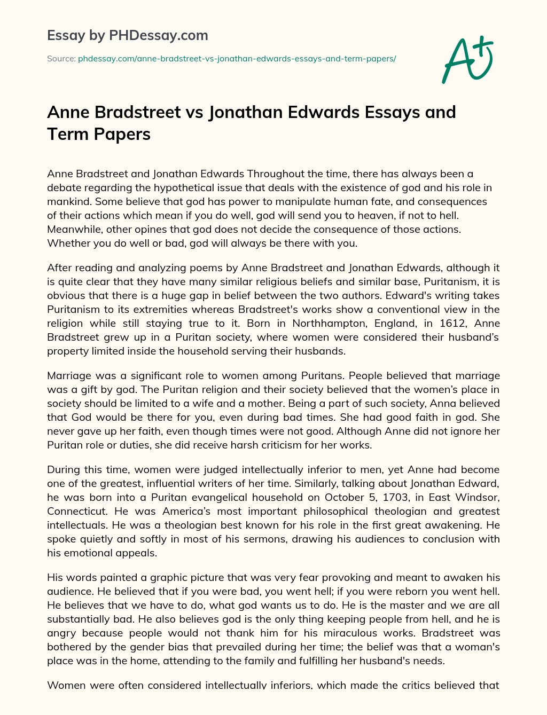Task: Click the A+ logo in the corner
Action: point(467,59)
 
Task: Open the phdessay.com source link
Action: point(237,59)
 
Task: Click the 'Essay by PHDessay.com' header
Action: point(127,36)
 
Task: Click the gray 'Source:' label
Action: point(61,59)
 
